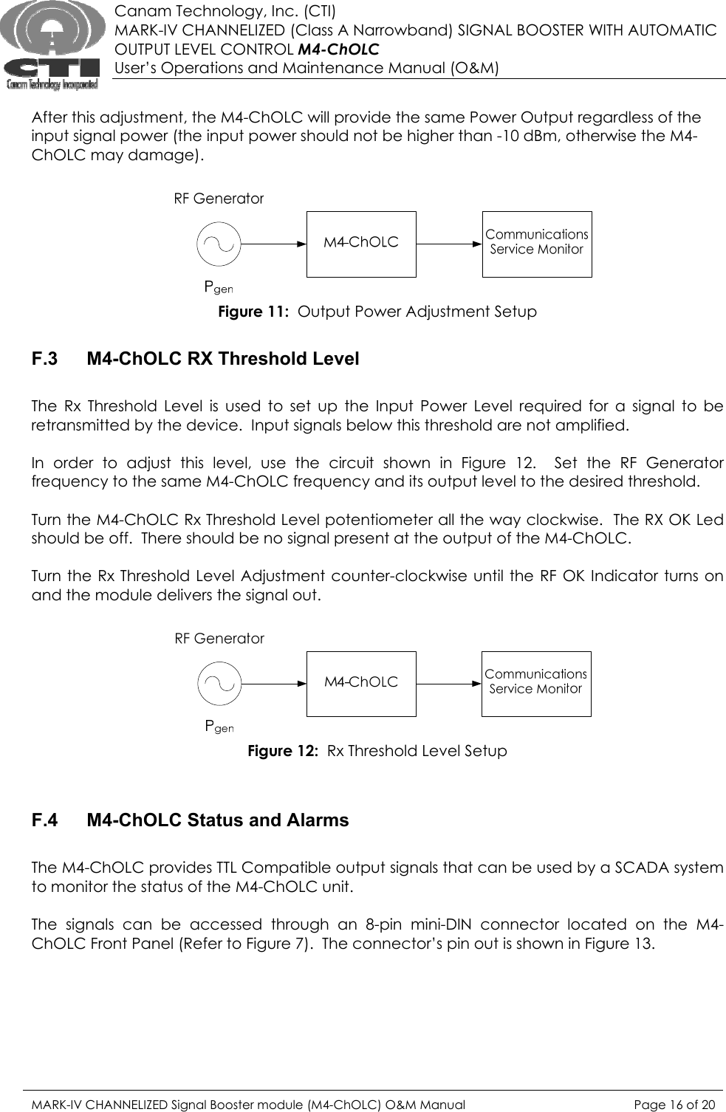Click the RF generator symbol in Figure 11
click(x=219, y=244)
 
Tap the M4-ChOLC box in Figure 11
click(x=361, y=244)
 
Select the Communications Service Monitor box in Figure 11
click(x=537, y=244)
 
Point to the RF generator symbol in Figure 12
click(x=219, y=684)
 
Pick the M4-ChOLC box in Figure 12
click(x=361, y=684)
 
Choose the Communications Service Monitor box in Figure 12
click(x=536, y=684)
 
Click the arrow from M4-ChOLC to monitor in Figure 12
click(x=448, y=684)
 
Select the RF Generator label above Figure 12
click(x=219, y=639)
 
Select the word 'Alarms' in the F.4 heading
click(x=319, y=821)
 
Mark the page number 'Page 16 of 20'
click(x=674, y=1105)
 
